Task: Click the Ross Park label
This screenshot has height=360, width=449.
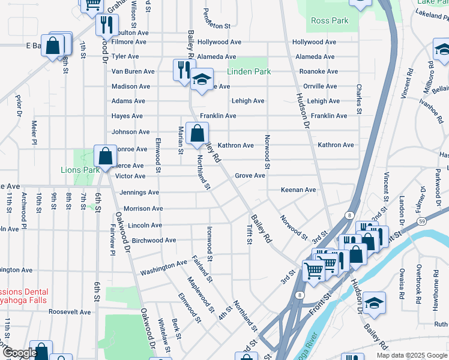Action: pos(330,21)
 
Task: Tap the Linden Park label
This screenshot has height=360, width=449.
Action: pos(249,72)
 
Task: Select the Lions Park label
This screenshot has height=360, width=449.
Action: pos(80,170)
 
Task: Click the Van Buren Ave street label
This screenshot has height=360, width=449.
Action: pos(133,71)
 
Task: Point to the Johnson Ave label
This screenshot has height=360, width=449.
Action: pos(130,132)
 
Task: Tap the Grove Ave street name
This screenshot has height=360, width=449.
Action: pos(250,176)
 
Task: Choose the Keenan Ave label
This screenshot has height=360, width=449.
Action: pos(298,190)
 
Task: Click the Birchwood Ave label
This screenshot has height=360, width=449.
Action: pos(153,241)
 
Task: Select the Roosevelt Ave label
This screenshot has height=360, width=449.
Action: pos(69,312)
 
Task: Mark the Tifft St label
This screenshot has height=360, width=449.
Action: pos(249,234)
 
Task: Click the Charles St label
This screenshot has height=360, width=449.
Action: pos(359,99)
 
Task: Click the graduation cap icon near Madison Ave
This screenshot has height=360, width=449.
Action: pos(202,79)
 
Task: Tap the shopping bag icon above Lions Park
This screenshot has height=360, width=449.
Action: pos(105,157)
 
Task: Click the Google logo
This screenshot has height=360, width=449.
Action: pos(20,353)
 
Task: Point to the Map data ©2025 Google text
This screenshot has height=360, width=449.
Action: pos(411,355)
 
